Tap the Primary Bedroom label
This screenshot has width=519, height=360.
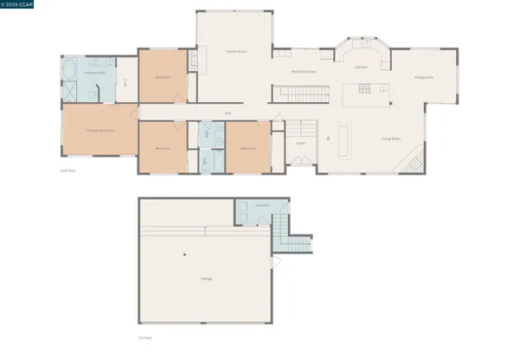pyautogui.click(x=100, y=131)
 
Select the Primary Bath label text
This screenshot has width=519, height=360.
pyautogui.click(x=95, y=73)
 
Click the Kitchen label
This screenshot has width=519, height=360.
pyautogui.click(x=362, y=67)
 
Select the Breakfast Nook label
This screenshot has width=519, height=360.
pyautogui.click(x=305, y=73)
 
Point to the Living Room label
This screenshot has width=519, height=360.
pyautogui.click(x=392, y=138)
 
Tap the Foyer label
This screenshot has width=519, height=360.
pyautogui.click(x=300, y=144)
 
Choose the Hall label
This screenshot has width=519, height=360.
pyautogui.click(x=228, y=112)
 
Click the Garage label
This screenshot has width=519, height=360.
pyautogui.click(x=206, y=279)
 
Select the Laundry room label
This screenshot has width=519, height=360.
pyautogui.click(x=261, y=205)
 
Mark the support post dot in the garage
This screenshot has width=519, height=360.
pyautogui.click(x=185, y=254)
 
